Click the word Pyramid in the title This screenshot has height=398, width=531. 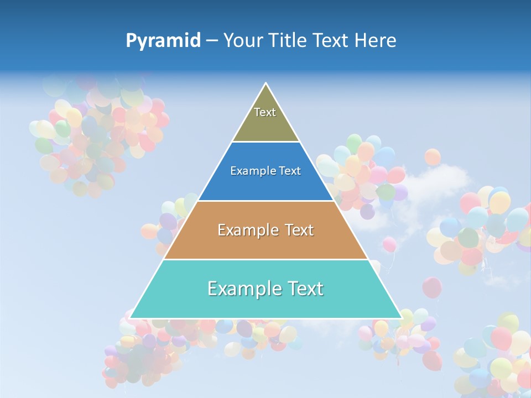point(163,41)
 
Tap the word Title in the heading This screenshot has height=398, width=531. point(291,40)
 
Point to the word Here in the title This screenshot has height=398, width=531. point(376,40)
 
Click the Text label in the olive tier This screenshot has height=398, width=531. point(265,112)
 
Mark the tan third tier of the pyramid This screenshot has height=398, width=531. point(265,243)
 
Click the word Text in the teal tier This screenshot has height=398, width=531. point(304,289)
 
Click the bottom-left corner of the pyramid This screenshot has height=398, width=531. point(131,317)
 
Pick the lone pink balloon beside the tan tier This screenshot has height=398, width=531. point(389,244)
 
